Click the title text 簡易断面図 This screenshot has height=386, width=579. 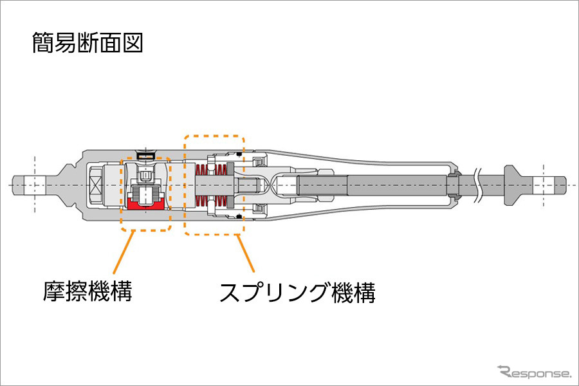pyautogui.click(x=87, y=43)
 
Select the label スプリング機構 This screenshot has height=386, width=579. pyautogui.click(x=297, y=293)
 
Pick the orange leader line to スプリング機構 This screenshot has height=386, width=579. pyautogui.click(x=248, y=254)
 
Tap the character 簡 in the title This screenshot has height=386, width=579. pyautogui.click(x=42, y=43)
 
